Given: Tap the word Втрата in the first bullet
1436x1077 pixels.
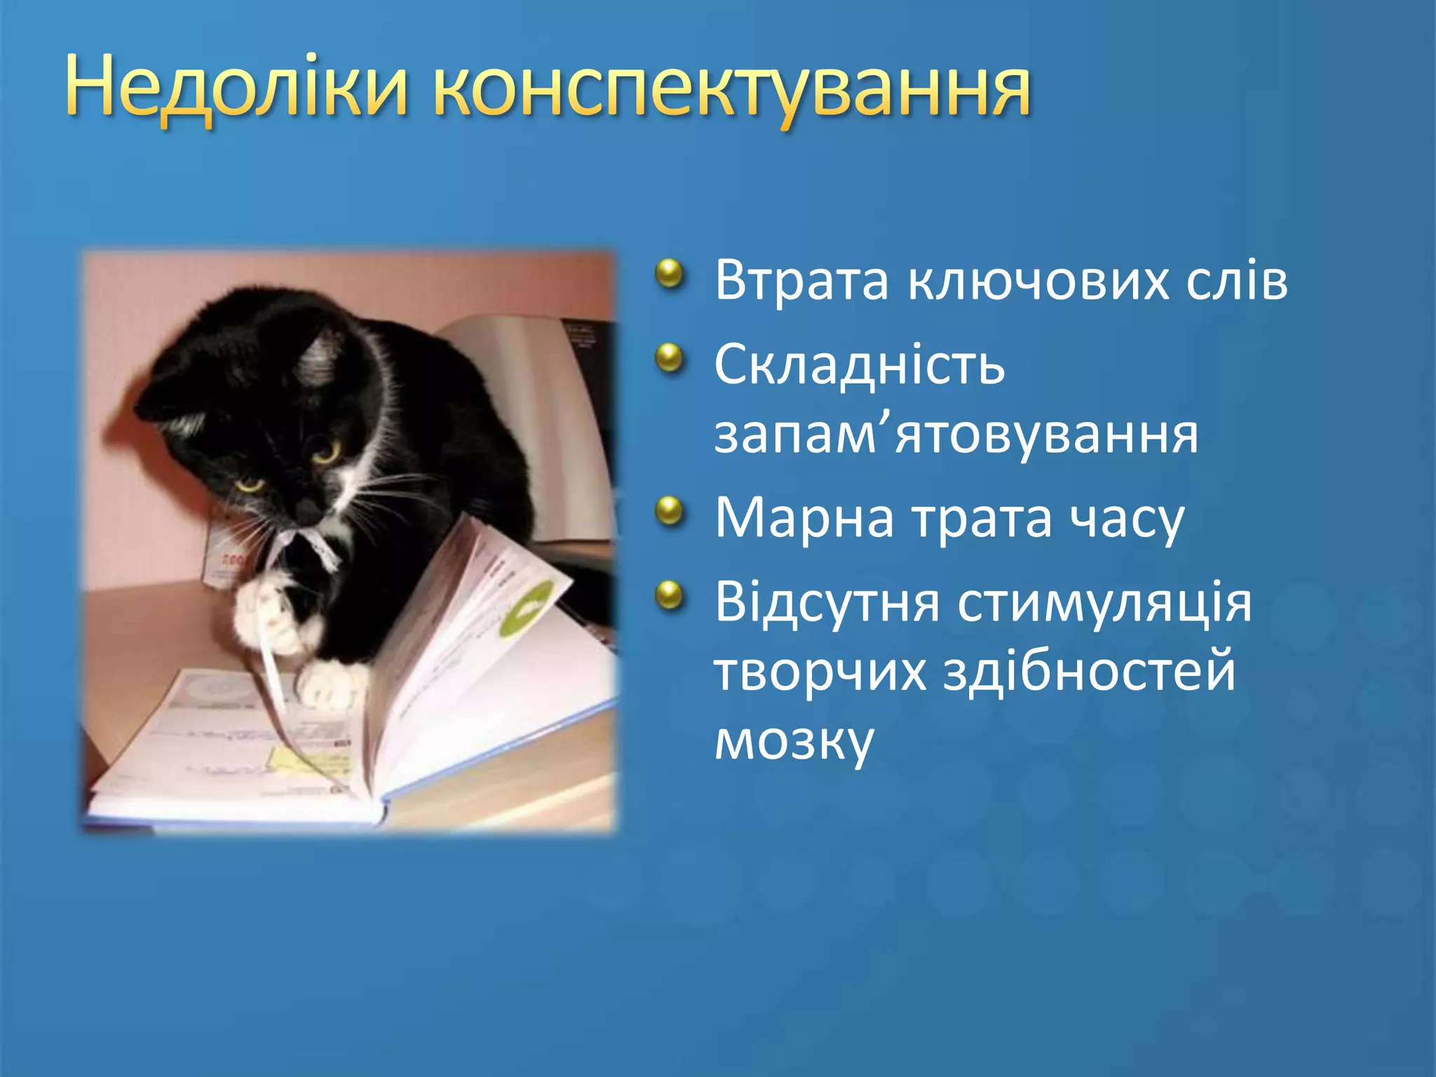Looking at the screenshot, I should point(801,280).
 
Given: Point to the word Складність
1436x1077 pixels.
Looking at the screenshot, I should point(859,365).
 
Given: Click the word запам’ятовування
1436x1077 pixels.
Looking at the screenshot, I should point(956,435).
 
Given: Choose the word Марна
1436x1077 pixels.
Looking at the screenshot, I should point(804,519).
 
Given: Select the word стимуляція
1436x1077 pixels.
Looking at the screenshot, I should point(1104,604).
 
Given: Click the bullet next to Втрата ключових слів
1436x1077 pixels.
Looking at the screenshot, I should point(670,274).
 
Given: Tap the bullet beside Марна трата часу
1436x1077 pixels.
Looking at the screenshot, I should point(670,511).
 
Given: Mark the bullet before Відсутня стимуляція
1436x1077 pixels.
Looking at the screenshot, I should point(670,595).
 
